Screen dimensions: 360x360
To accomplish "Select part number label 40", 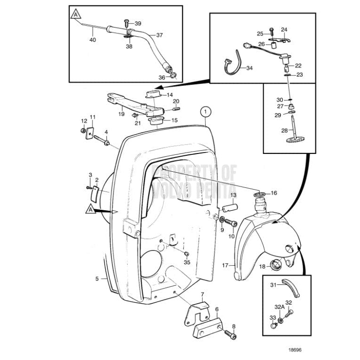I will coord(92,40).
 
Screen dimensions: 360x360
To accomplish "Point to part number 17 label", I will coord(225,266).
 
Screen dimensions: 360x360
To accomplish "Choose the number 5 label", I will coord(97,279).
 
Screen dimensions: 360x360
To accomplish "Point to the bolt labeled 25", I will coord(272,32).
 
